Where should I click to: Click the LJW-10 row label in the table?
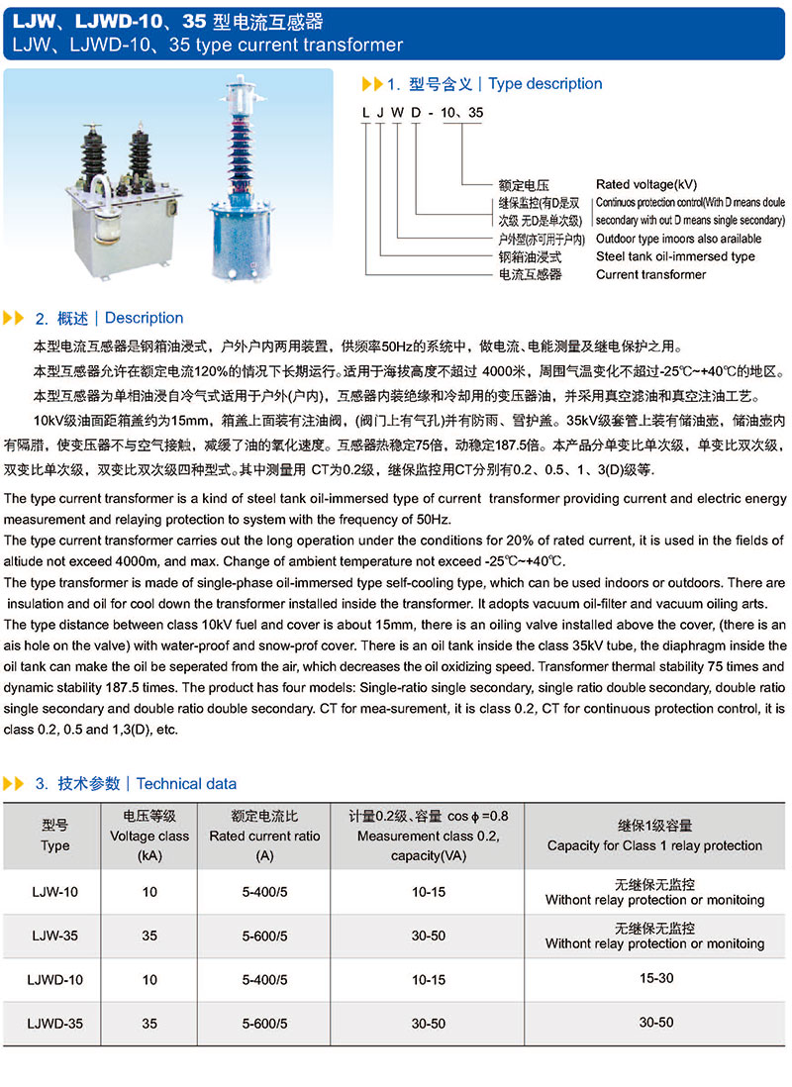[55, 892]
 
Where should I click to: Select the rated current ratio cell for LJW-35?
[264, 936]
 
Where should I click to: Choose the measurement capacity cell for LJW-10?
[428, 892]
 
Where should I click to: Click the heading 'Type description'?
[544, 84]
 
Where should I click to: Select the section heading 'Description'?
[144, 318]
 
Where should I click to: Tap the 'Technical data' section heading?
[186, 783]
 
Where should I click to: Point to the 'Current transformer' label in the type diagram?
[650, 274]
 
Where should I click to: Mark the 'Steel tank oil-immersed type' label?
[675, 256]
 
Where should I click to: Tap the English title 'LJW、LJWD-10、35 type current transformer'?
[204, 45]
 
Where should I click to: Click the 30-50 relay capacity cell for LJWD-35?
[654, 1022]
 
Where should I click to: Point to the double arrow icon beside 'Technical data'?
[14, 783]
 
